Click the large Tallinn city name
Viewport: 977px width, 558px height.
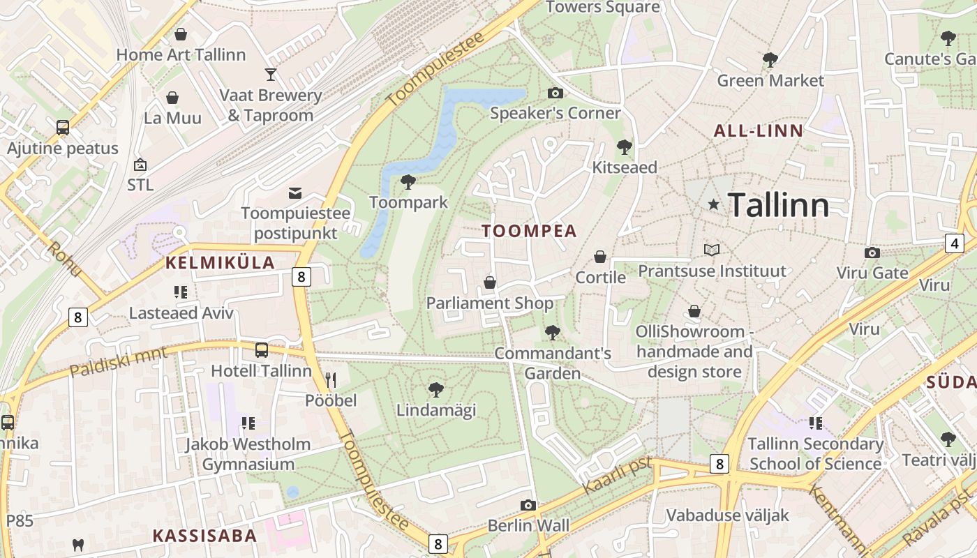[x=779, y=205]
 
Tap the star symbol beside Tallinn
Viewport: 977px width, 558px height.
[x=713, y=204]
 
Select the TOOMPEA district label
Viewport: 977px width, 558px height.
[x=529, y=231]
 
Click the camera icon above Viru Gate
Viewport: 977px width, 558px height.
[x=872, y=252]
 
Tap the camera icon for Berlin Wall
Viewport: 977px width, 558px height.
[x=528, y=505]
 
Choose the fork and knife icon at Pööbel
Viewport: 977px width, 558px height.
[x=331, y=380]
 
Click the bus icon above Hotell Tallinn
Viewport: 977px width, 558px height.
[x=262, y=350]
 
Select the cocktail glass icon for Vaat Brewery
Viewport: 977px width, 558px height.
[x=271, y=74]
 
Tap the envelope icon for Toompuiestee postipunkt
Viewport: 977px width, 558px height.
[x=295, y=193]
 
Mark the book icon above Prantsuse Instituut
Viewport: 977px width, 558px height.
[x=712, y=250]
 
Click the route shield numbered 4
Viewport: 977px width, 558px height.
[x=955, y=243]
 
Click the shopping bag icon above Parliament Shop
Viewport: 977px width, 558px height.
[x=490, y=282]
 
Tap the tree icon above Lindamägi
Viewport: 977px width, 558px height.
[x=436, y=389]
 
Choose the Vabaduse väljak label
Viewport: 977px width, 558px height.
[x=728, y=515]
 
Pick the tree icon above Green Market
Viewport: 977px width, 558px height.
[x=770, y=60]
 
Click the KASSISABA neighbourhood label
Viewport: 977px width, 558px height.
[x=204, y=536]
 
